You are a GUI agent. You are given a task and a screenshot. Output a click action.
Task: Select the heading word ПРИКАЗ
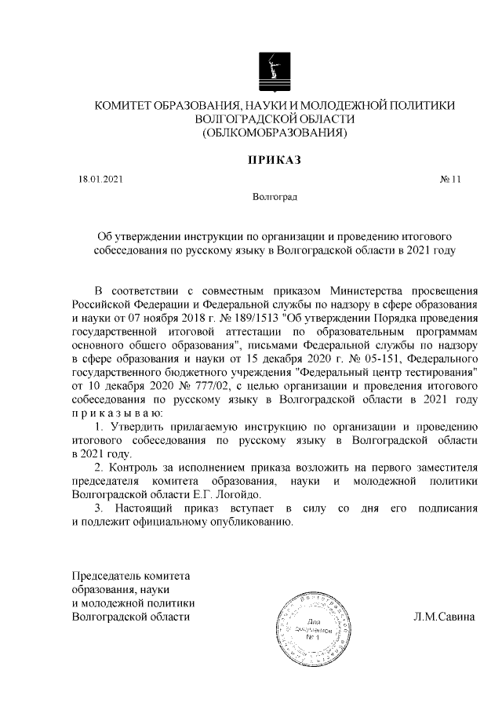click(275, 160)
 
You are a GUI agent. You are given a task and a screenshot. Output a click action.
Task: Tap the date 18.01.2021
click(96, 180)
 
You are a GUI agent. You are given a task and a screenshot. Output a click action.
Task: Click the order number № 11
click(450, 180)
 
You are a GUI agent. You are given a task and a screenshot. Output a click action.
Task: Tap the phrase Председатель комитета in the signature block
click(131, 575)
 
